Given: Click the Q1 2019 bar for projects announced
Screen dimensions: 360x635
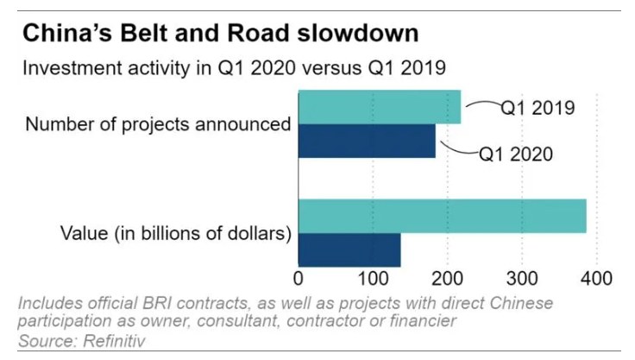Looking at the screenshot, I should pos(380,107).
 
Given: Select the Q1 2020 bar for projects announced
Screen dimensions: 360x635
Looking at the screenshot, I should pos(367,141).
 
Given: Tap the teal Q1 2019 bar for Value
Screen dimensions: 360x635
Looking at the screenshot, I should pos(442,216).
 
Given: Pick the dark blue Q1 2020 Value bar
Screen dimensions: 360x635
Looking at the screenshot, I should pos(349,249).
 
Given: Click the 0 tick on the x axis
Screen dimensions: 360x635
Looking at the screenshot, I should pos(299,279).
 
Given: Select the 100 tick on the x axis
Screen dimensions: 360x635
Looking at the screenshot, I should pos(372,279).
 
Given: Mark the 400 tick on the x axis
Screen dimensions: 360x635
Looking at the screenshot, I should pos(595,279).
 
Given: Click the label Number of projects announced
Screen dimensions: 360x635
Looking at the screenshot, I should pos(158,124).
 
